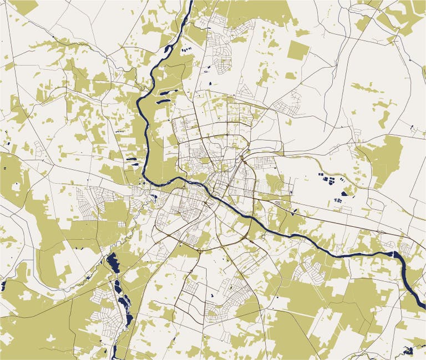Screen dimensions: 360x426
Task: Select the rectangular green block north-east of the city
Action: (x=298, y=50)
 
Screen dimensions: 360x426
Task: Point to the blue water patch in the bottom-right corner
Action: (x=409, y=351)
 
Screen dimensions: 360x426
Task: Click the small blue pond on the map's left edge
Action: (x=3, y=286)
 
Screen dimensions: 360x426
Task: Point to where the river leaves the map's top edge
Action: (x=190, y=2)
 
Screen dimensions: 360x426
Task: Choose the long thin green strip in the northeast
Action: (x=366, y=88)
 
